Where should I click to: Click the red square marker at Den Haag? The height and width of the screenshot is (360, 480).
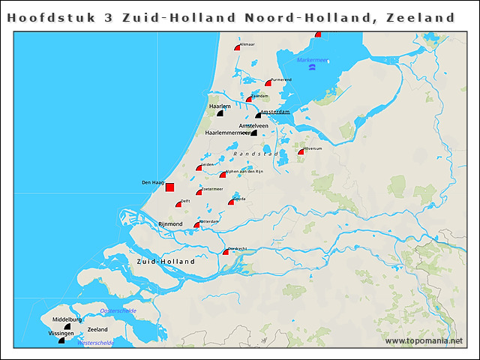(x=169, y=187)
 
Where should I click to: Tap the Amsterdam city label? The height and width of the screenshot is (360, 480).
(x=275, y=112)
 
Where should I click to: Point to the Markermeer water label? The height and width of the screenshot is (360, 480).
(x=312, y=60)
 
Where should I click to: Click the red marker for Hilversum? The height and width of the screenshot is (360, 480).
(x=301, y=151)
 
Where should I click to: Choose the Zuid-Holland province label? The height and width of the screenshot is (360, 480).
(x=166, y=262)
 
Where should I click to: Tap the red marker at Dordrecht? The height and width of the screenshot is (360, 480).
(x=226, y=252)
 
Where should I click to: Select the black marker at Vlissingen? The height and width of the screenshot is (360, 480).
(x=61, y=340)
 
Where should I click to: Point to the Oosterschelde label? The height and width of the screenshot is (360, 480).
(x=118, y=310)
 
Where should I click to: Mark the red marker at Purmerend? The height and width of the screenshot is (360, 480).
(x=268, y=82)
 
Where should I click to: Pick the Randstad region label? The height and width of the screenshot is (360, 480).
(x=256, y=154)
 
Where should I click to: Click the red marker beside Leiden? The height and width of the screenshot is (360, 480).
(x=199, y=168)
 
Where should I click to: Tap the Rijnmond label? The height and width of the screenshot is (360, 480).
(x=170, y=224)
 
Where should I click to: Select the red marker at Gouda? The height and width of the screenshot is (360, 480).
(x=232, y=202)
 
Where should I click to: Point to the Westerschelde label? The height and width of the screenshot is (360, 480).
(x=96, y=343)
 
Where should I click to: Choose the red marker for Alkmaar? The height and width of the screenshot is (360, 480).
(x=237, y=47)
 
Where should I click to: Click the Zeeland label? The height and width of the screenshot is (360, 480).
(x=97, y=330)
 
